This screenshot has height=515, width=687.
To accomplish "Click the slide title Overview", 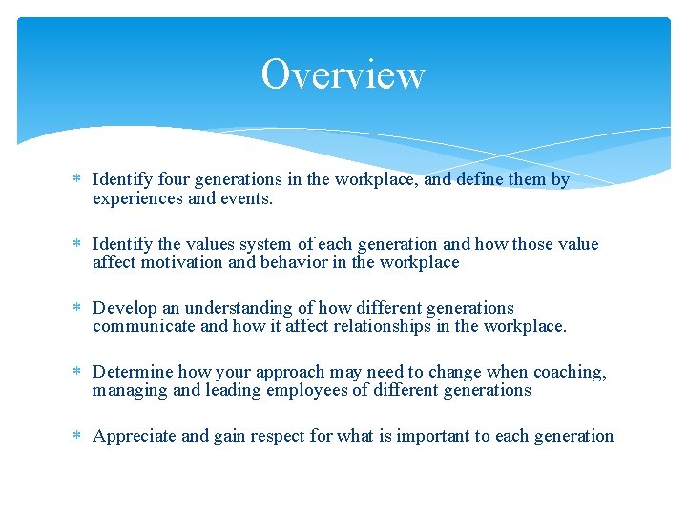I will click(x=343, y=74).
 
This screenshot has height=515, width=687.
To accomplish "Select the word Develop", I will click(x=124, y=308).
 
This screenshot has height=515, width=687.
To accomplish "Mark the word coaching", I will click(x=569, y=372).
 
